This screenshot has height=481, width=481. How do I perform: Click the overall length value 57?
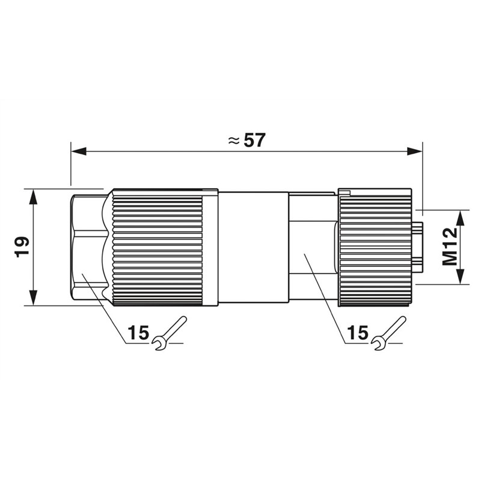pos(254,140)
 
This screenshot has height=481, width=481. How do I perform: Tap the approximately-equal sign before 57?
pos(234,141)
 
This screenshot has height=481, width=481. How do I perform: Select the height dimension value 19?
pos(22,247)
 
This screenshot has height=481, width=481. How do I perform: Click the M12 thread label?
pos(449,247)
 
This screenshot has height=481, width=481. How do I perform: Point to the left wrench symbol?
pos(169,333)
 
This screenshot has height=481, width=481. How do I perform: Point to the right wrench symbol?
pos(388,333)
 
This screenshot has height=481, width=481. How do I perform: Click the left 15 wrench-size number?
pos(138,332)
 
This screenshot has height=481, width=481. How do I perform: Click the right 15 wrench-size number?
pos(358,332)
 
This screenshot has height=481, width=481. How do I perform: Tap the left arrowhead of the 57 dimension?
pos(78,152)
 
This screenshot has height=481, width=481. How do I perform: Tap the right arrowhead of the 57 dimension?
pos(415,152)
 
